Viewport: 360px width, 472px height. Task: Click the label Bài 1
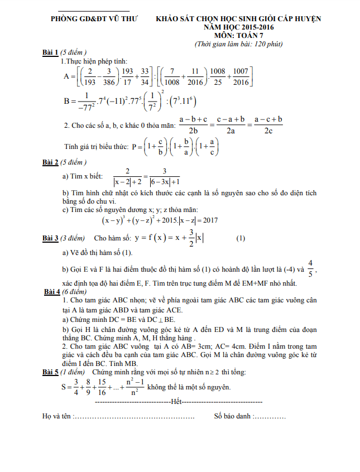[51, 52]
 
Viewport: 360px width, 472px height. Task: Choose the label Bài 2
[51, 162]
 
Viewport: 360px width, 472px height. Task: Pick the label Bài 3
[51, 238]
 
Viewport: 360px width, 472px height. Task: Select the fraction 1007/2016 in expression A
[241, 76]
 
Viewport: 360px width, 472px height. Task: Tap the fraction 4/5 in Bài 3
[311, 268]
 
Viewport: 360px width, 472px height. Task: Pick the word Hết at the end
[177, 402]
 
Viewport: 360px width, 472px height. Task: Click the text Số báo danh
[233, 416]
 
